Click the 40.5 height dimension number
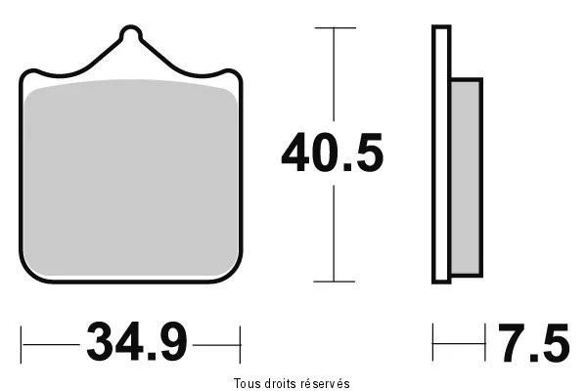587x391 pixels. point(333,152)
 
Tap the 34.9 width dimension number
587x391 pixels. point(137,342)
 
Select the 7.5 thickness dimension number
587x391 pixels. point(534,343)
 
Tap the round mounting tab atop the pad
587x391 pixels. point(131,33)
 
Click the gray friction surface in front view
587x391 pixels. point(131,178)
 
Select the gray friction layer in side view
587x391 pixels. point(466,178)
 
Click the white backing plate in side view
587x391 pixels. point(441,154)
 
